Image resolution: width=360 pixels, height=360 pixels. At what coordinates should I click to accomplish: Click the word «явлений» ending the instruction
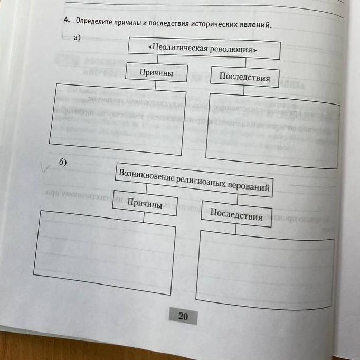254,25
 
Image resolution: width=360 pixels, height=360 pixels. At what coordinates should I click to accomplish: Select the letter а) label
78,37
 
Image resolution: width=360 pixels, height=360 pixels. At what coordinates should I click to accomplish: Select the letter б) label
62,162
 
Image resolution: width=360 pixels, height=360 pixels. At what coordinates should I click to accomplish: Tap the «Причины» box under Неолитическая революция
156,73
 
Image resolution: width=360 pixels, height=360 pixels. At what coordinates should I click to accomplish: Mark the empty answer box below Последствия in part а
272,132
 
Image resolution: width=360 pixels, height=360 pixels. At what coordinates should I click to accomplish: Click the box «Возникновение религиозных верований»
194,180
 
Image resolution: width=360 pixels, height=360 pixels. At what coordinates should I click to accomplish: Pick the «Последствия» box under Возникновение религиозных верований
236,215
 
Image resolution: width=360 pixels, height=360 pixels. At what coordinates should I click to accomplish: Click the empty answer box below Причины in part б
104,252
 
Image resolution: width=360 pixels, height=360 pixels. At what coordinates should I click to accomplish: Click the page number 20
183,317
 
